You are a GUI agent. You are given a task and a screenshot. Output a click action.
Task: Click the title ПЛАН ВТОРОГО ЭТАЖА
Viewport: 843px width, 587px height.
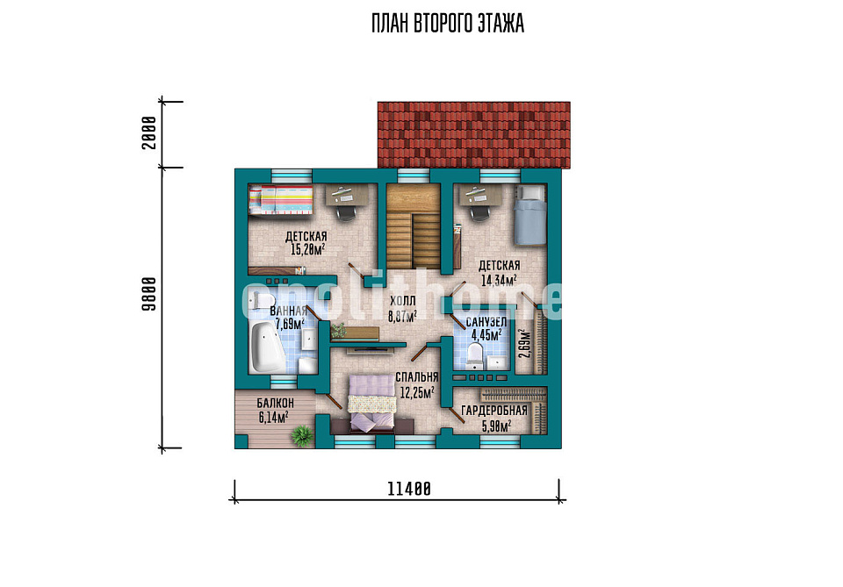coord(447,24)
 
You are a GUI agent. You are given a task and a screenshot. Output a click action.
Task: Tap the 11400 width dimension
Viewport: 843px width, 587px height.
coord(409,489)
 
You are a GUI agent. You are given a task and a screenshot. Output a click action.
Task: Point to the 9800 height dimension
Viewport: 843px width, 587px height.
coord(149,294)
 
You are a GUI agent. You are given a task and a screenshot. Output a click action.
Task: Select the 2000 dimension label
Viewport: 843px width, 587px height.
coord(149,132)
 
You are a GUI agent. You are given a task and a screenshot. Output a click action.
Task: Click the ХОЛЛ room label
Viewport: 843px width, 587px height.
coord(403,301)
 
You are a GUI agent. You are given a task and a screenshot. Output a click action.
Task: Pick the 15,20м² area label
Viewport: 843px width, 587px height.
coord(307,249)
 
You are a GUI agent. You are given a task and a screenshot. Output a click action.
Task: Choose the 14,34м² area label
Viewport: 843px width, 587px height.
coord(499,280)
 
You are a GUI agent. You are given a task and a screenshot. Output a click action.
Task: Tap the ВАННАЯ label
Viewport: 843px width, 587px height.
coord(288,311)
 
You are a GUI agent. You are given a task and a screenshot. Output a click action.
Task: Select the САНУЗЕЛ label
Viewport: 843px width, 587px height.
coord(486,322)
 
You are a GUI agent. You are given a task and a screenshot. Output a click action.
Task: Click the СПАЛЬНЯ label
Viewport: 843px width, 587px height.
coord(416,377)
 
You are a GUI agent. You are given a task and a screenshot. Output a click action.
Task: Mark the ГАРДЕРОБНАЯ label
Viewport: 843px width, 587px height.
coord(494,411)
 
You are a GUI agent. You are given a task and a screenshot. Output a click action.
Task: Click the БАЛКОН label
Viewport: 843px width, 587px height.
coord(275,403)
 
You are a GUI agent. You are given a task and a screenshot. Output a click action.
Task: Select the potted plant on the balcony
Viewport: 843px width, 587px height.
coord(302,435)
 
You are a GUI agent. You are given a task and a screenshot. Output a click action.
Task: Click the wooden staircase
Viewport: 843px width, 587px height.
coord(413,226)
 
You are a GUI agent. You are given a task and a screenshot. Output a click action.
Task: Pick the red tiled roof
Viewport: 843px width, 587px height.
coord(473,135)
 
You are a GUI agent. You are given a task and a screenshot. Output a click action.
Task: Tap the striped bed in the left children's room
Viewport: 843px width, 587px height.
coord(281,200)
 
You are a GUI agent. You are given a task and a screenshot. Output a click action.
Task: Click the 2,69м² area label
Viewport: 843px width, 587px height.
coord(525,344)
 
